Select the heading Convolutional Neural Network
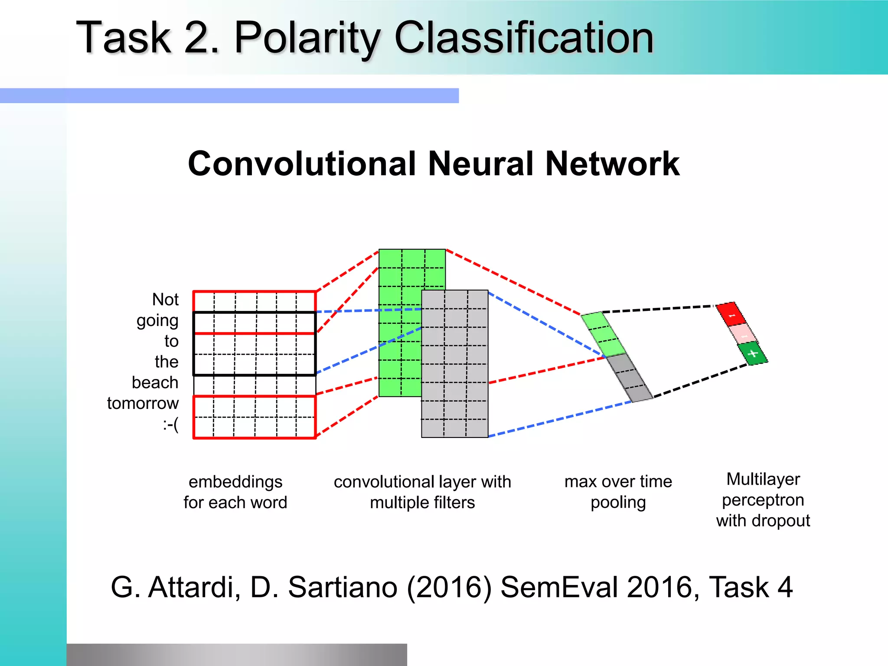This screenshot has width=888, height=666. pyautogui.click(x=434, y=164)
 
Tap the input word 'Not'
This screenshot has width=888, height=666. pyautogui.click(x=165, y=300)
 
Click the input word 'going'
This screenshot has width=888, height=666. pyautogui.click(x=157, y=321)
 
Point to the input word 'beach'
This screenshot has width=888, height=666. pyautogui.click(x=155, y=383)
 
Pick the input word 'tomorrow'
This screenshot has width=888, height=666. pyautogui.click(x=143, y=404)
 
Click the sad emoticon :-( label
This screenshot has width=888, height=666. pyautogui.click(x=171, y=424)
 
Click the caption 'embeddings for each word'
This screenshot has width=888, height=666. pyautogui.click(x=235, y=492)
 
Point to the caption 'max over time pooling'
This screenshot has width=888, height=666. pyautogui.click(x=618, y=492)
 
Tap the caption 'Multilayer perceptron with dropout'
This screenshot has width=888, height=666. pyautogui.click(x=763, y=500)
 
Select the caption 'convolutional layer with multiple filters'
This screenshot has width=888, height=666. pyautogui.click(x=422, y=492)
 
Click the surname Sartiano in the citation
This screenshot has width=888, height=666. pyautogui.click(x=343, y=588)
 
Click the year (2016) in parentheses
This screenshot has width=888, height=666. pyautogui.click(x=449, y=588)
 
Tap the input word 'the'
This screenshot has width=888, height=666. pyautogui.click(x=166, y=362)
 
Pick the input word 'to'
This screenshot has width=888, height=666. pyautogui.click(x=171, y=342)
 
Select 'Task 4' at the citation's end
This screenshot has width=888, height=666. pyautogui.click(x=750, y=588)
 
